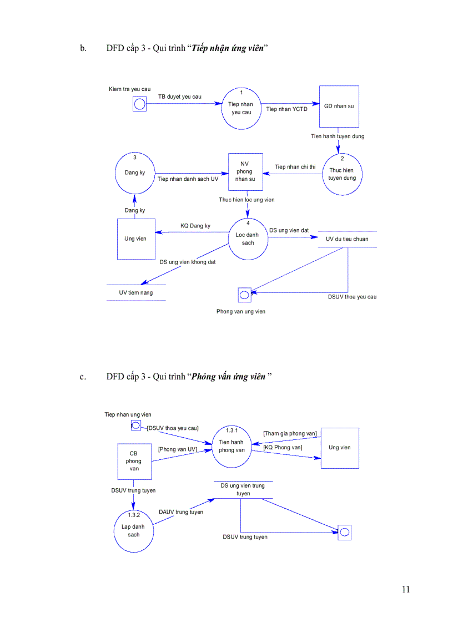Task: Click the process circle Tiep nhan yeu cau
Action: point(241,108)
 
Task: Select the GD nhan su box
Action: point(339,107)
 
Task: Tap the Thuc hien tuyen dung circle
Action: point(342,174)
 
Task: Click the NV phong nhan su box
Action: point(245,172)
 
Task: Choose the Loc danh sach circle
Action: point(248,239)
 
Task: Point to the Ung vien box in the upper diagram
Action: point(135,239)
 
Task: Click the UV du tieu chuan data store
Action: point(348,239)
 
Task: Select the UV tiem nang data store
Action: point(136,292)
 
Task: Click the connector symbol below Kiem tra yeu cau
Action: point(139,104)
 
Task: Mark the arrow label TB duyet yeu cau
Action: point(180,97)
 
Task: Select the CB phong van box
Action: point(133,461)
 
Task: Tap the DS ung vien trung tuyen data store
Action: point(243,489)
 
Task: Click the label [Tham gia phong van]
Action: point(290,433)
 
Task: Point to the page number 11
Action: point(405,589)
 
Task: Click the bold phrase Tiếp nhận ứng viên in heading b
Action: point(228,48)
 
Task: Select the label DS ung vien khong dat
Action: point(188,262)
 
